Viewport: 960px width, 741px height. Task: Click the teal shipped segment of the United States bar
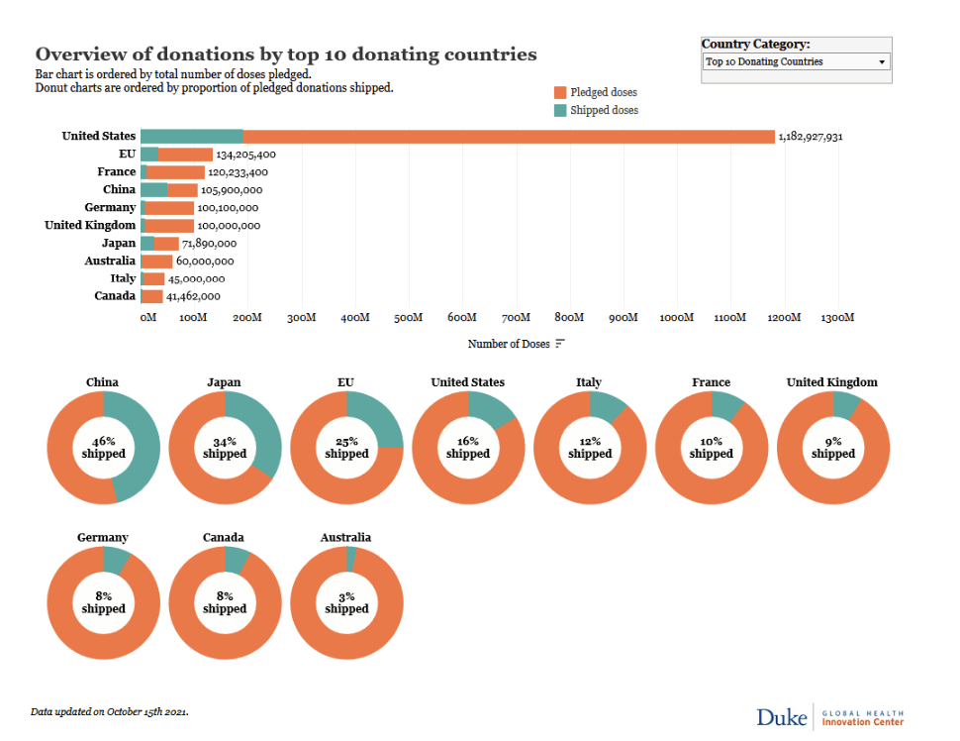[192, 137]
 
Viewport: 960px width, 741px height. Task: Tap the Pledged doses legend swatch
[560, 92]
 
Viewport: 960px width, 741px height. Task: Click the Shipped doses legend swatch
[560, 110]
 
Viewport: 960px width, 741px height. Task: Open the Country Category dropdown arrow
[882, 62]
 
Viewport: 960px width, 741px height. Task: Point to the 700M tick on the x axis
[516, 318]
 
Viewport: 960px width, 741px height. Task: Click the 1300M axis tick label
[837, 318]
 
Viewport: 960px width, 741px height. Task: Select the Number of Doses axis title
[509, 344]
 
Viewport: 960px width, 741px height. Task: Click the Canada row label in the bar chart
[115, 296]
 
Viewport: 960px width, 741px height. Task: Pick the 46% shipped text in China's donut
[104, 447]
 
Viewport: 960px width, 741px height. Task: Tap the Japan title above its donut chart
[224, 382]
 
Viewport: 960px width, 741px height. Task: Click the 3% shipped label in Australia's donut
[346, 602]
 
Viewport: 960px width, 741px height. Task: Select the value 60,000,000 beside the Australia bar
[205, 262]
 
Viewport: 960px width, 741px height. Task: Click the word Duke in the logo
[781, 717]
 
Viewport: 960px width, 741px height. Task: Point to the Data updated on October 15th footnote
[110, 711]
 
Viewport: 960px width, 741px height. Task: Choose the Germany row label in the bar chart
[110, 208]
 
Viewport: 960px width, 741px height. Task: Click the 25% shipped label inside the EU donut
[346, 447]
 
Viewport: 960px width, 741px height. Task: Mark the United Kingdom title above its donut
[831, 382]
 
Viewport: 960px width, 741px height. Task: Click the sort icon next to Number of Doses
[560, 344]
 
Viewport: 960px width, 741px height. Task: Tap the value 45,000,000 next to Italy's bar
[199, 279]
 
